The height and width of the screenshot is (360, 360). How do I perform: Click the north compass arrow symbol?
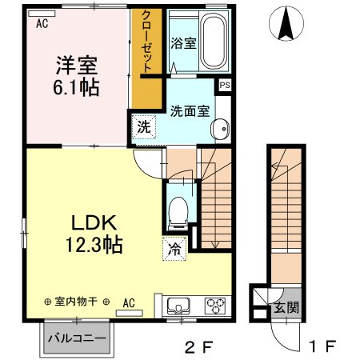click(285, 24)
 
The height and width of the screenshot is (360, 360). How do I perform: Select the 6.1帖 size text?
click(77, 87)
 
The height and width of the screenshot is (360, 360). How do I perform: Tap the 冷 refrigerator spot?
click(175, 249)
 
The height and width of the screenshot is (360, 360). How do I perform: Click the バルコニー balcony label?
click(78, 338)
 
